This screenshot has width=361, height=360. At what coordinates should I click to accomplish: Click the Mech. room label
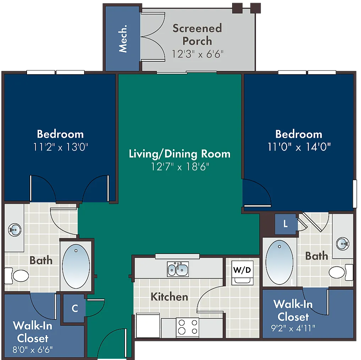tap(123, 39)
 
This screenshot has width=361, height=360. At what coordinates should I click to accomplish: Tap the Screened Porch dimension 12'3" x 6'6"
tap(197, 54)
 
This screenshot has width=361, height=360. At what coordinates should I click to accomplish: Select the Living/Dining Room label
tap(180, 154)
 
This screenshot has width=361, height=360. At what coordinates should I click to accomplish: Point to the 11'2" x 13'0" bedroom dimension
tap(61, 147)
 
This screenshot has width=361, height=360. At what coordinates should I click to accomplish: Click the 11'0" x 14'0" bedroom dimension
tap(299, 147)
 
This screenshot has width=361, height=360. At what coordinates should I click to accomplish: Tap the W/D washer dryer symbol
tap(242, 273)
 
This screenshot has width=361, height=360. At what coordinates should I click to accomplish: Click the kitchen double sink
tap(178, 269)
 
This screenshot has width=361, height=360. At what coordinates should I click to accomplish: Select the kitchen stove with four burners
tap(187, 327)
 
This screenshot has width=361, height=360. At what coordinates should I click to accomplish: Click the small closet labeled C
tap(74, 309)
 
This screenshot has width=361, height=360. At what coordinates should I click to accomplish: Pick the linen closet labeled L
tap(285, 224)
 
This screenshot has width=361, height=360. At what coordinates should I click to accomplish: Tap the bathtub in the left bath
tap(76, 266)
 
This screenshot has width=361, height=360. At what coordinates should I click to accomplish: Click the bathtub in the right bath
tap(279, 262)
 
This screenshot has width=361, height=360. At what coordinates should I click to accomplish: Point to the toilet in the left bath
tap(17, 276)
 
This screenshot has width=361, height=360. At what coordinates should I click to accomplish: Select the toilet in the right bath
tap(341, 272)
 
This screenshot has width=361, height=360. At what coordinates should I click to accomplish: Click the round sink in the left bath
tap(15, 230)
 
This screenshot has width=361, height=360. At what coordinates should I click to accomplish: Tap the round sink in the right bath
tap(343, 244)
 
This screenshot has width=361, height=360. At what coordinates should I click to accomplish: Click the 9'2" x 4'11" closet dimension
tap(293, 328)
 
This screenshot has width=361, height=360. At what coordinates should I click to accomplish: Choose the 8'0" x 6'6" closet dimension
tap(32, 350)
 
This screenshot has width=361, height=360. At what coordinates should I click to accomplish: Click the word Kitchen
tap(169, 297)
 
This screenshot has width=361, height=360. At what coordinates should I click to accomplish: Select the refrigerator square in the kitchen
tap(148, 325)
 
